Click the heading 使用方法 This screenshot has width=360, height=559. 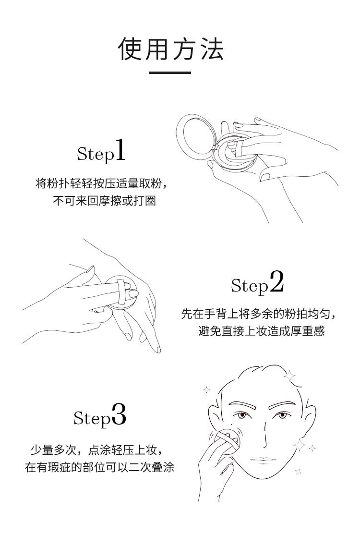point(171,49)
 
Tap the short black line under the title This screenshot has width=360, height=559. point(169,73)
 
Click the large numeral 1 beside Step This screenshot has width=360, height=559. point(120,150)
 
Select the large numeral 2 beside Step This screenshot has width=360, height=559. point(276,281)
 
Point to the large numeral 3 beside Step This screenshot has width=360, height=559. point(119,414)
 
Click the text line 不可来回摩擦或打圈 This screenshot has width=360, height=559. point(104,201)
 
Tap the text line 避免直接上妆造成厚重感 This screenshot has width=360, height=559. point(261,331)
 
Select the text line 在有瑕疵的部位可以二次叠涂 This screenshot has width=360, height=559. point(99,467)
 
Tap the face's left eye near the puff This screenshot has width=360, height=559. point(242,415)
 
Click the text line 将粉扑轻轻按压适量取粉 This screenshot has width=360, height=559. point(101,183)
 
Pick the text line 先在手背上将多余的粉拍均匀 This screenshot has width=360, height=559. point(259,314)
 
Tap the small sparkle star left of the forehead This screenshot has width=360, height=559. point(206,389)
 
